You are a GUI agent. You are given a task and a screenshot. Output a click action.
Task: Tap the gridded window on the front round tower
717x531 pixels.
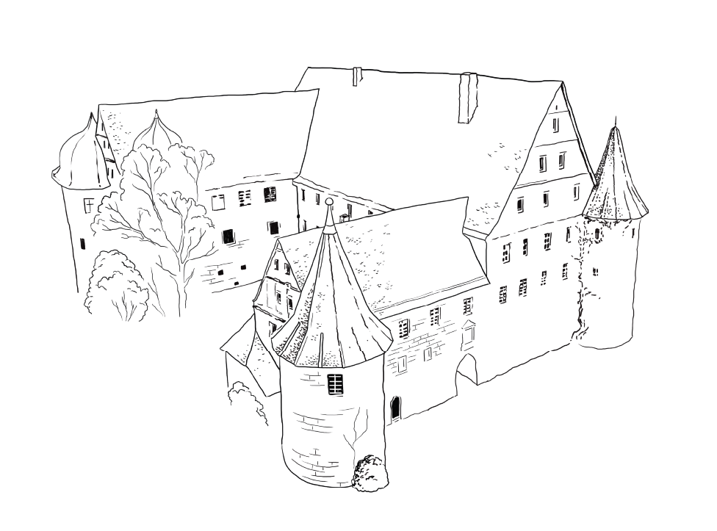[335, 383]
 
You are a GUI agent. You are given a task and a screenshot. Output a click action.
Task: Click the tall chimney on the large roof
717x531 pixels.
[467, 97]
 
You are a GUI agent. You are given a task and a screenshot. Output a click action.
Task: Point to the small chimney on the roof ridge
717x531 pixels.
[357, 76]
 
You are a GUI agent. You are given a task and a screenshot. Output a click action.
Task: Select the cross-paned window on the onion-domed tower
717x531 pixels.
[88, 203]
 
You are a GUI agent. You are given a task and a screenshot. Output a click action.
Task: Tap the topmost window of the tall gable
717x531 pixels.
[556, 125]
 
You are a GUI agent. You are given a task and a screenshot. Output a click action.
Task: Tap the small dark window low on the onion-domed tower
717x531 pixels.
[82, 243]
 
